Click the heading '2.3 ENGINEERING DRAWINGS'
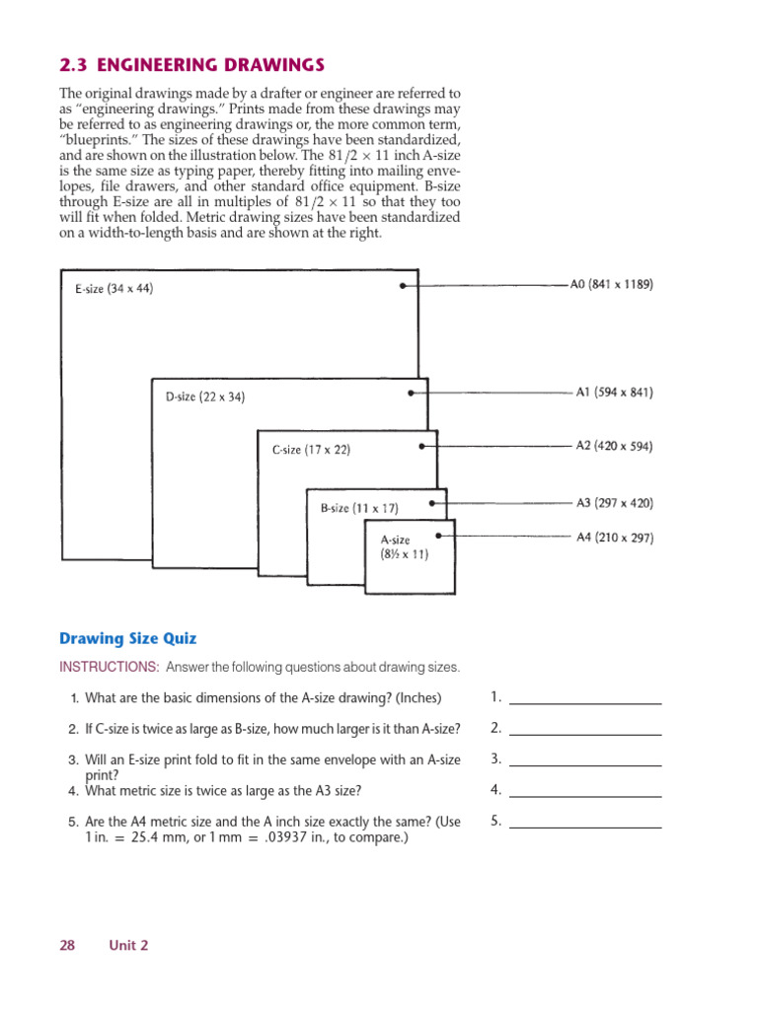[x=192, y=65]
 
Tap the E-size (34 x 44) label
[x=114, y=289]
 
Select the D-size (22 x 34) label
[x=205, y=397]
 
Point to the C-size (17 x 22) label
[x=311, y=450]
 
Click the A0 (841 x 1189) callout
[x=611, y=284]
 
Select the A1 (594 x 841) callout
[x=614, y=392]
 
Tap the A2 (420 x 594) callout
[x=614, y=445]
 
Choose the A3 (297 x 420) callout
[x=614, y=502]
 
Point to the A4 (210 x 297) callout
[x=614, y=538]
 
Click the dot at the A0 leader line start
[x=403, y=285]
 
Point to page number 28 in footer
[x=67, y=945]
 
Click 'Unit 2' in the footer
[x=128, y=945]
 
